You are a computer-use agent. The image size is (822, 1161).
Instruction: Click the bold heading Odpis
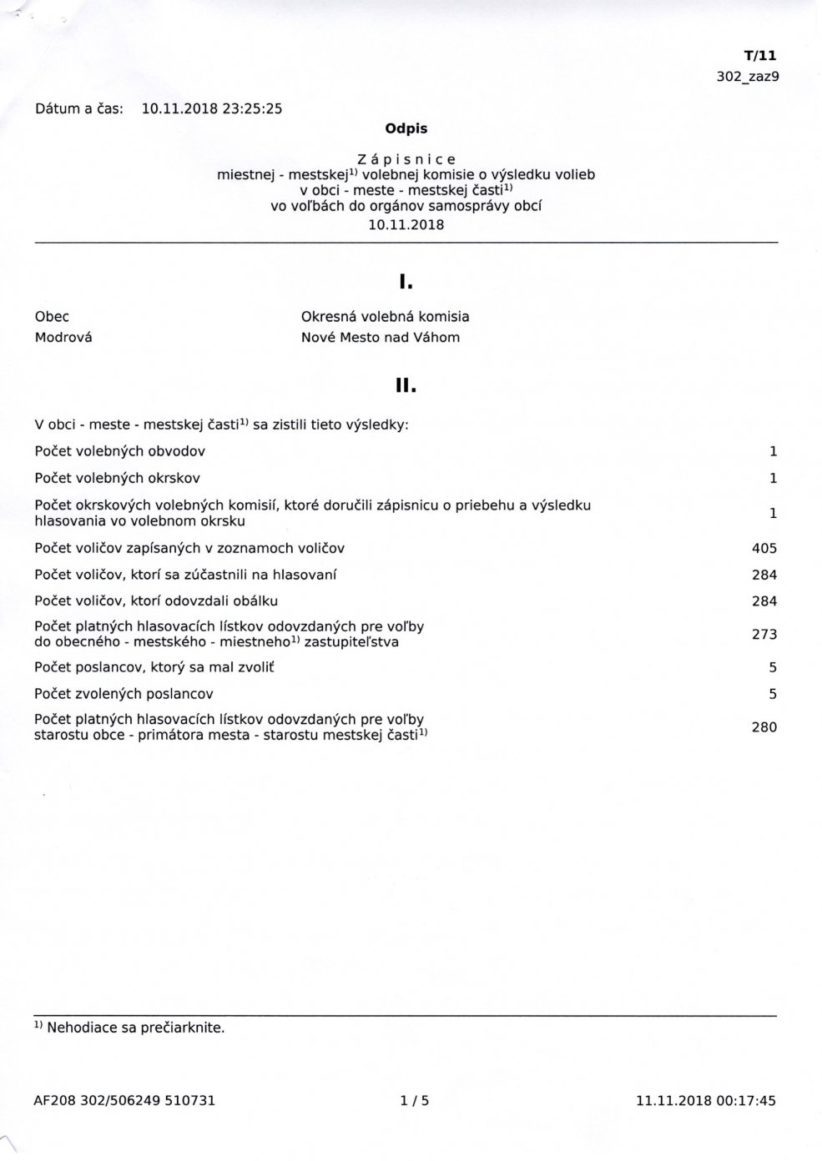[x=406, y=128]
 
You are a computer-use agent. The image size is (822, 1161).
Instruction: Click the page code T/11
[x=759, y=56]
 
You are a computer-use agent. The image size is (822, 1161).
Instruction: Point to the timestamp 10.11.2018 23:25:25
[x=212, y=108]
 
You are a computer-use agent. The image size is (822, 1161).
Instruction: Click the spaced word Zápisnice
[x=406, y=158]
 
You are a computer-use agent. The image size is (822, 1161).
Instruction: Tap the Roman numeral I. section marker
[x=406, y=283]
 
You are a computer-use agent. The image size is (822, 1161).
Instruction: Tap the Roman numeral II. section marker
[x=406, y=386]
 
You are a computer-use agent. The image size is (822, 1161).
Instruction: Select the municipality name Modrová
[x=63, y=338]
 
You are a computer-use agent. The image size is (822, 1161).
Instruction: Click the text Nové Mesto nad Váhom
[x=380, y=338]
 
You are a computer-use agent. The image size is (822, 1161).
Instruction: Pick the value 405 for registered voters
[x=764, y=548]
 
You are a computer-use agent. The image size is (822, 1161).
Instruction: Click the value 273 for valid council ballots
[x=764, y=634]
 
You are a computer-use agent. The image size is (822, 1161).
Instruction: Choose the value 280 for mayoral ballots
[x=764, y=727]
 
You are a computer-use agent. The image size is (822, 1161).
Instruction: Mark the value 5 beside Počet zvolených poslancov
[x=773, y=694]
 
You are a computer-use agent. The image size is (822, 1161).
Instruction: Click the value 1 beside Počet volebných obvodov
[x=773, y=451]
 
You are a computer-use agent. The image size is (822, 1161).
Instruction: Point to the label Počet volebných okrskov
[x=117, y=478]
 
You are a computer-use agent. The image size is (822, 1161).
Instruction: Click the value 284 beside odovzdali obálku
[x=764, y=601]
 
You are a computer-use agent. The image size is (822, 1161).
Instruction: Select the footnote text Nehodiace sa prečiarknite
[x=135, y=1028]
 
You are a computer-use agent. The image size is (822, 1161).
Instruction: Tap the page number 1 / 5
[x=414, y=1101]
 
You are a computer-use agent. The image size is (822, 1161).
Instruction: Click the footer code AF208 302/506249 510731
[x=124, y=1101]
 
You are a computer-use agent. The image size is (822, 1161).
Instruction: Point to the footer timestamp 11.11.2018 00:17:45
[x=705, y=1101]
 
